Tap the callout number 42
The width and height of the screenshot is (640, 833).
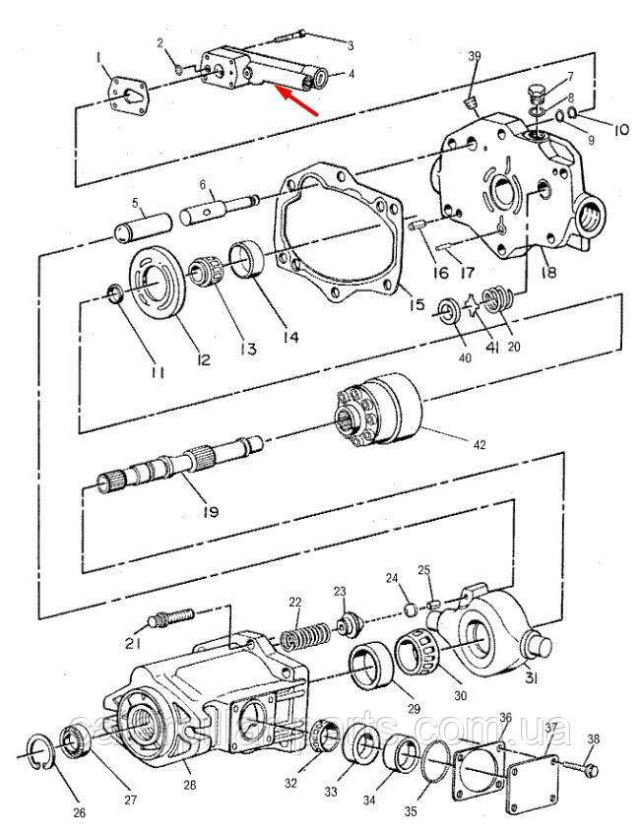(x=480, y=445)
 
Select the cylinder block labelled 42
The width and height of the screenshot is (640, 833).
(x=380, y=411)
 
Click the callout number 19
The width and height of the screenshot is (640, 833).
(x=209, y=512)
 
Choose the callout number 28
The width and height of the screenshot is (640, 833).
(x=190, y=785)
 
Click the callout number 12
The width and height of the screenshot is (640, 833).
(x=203, y=359)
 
